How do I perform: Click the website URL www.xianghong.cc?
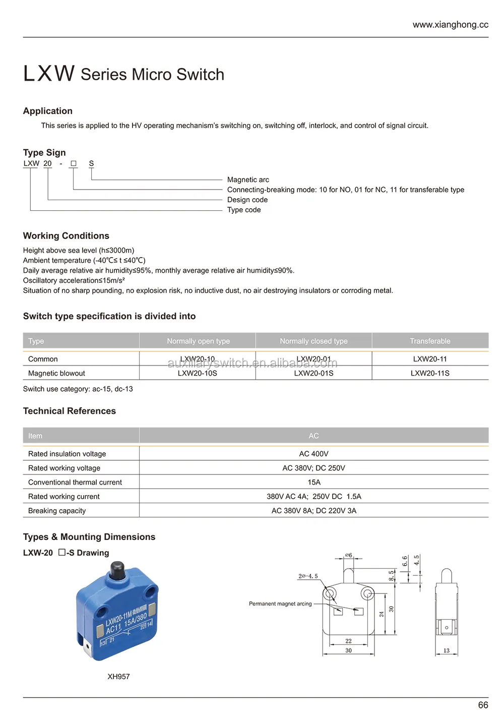450,25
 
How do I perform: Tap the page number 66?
482,705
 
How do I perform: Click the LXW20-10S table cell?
197,373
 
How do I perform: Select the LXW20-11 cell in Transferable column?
429,359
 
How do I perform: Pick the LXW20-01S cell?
313,373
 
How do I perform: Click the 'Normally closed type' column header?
313,341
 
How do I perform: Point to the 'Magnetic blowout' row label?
56,373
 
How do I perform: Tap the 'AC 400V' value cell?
313,454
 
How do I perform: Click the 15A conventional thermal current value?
313,482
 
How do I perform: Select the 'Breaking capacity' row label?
57,511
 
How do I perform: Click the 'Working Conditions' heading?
66,236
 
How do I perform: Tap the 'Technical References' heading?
70,411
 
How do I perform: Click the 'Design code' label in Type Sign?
247,200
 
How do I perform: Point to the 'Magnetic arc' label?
248,179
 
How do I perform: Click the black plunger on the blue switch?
117,571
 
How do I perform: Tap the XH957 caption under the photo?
118,677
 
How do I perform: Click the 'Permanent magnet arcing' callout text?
280,603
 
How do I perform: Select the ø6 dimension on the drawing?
348,555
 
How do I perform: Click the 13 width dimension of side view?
446,650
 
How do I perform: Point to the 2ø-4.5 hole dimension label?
308,576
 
